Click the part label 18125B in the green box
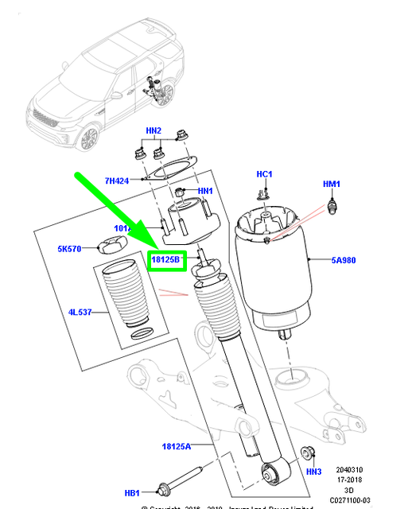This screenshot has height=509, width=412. [x=167, y=260]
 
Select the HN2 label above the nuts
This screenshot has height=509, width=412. [x=153, y=130]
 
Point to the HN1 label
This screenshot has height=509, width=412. [x=205, y=191]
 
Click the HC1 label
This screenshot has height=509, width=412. [x=264, y=173]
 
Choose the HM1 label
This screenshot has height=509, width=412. [x=331, y=185]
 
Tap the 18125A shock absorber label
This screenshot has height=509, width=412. [x=177, y=448]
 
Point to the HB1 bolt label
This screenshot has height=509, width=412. [x=132, y=492]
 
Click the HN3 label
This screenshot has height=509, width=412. [x=313, y=472]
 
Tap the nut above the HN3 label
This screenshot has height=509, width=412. [x=309, y=453]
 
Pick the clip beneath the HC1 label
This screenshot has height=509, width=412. [x=264, y=192]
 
